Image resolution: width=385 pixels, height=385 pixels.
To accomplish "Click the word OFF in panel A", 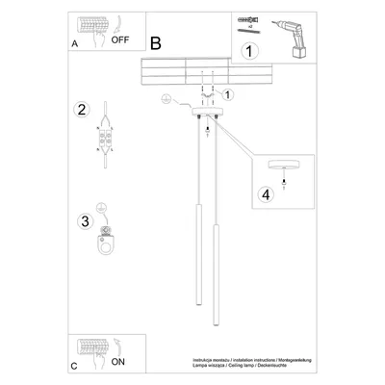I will pyautogui.click(x=119, y=42).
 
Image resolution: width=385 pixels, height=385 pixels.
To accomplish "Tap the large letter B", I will pyautogui.click(x=156, y=42).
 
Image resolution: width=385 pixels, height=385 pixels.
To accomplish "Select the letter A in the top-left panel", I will pyautogui.click(x=76, y=44).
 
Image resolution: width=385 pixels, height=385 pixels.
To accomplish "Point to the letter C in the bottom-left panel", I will pyautogui.click(x=76, y=367).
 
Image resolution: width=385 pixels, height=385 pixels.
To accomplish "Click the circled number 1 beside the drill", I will pyautogui.click(x=249, y=52).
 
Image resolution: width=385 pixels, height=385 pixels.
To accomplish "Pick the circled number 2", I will pyautogui.click(x=83, y=108).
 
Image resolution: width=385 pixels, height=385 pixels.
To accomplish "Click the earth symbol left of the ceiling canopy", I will pyautogui.click(x=165, y=99).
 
